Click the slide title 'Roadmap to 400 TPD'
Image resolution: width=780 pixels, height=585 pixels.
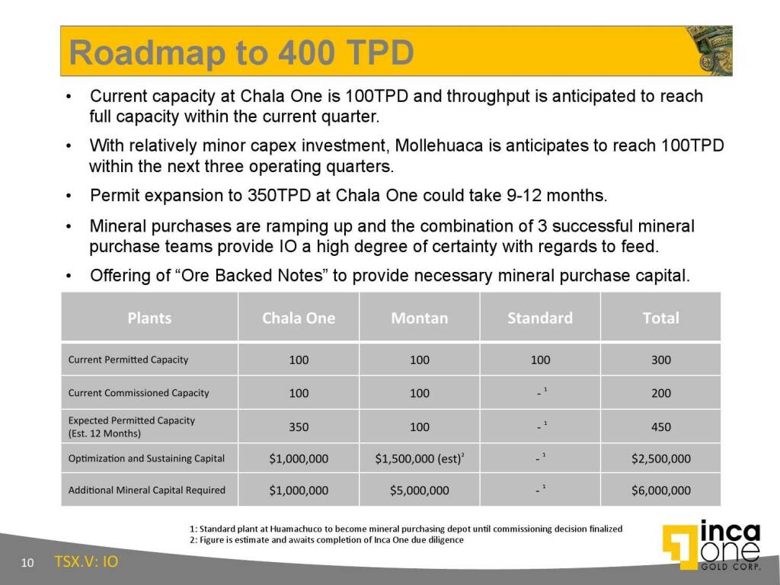(241, 53)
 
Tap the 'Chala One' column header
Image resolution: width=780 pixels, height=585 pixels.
(299, 318)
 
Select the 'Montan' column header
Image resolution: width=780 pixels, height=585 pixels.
(420, 318)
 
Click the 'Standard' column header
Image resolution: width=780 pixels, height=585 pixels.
(540, 318)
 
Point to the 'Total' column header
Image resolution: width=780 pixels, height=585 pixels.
(660, 318)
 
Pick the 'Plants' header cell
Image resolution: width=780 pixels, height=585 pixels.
(149, 318)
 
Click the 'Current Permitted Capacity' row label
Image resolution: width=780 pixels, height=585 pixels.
(128, 360)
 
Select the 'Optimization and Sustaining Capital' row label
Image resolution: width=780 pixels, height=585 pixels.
(146, 458)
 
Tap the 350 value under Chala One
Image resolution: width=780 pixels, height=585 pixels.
(299, 427)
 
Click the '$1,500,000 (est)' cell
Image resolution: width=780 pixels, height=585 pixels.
(420, 459)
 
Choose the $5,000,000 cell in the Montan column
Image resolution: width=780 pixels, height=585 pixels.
(420, 491)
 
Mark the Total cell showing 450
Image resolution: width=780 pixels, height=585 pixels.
(661, 427)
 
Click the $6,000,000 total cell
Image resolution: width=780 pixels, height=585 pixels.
(661, 491)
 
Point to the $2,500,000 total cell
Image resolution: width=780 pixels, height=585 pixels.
(661, 459)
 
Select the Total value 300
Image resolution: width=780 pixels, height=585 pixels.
(661, 360)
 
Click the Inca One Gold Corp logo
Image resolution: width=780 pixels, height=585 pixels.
(712, 545)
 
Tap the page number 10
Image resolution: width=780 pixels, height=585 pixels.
(27, 563)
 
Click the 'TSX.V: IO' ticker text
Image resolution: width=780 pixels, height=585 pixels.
(87, 561)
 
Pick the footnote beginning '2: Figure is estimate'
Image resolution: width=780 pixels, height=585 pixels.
(326, 540)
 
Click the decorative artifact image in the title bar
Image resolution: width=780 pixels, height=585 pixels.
(709, 51)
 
